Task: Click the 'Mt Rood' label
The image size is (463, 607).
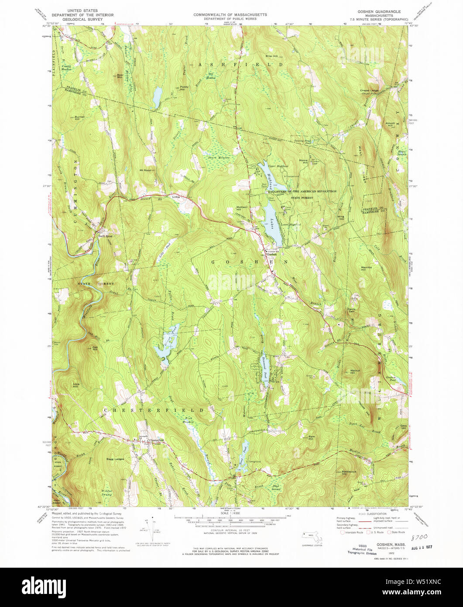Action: [145, 170]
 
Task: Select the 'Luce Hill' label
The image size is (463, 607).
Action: [75, 385]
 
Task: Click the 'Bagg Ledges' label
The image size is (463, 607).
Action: [115, 459]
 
